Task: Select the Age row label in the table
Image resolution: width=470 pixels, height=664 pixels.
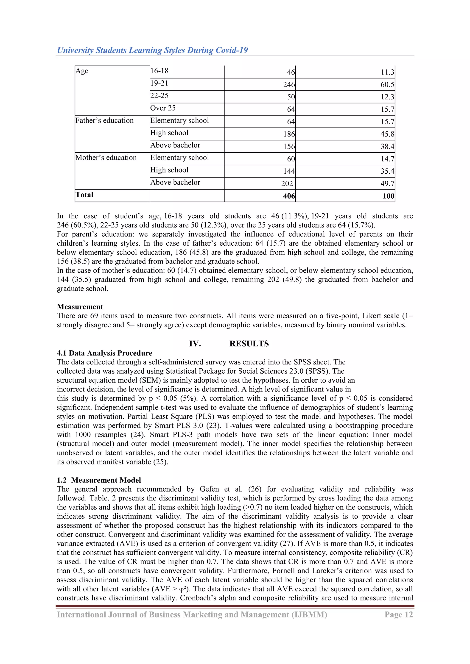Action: (82, 71)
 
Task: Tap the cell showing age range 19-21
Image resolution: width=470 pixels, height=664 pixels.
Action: (159, 83)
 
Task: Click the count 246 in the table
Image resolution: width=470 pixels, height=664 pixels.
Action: (289, 85)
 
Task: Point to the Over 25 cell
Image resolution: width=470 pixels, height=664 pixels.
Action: (163, 108)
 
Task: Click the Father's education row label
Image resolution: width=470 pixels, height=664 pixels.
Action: (104, 121)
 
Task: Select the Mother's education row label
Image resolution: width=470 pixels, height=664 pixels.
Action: (106, 158)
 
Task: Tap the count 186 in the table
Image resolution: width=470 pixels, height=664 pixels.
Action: (289, 134)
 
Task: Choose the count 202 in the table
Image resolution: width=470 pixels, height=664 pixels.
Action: (287, 184)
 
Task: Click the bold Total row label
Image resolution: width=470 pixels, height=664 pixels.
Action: (84, 195)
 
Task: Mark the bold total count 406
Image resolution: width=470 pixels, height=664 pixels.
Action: (289, 196)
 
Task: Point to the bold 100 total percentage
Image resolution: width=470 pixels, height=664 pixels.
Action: (388, 196)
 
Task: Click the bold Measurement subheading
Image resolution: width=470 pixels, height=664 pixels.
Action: (80, 307)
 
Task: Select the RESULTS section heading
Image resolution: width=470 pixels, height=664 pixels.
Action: (249, 344)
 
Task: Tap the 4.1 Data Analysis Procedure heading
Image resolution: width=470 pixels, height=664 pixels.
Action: (104, 353)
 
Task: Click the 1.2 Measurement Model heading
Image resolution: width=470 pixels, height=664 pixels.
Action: (99, 480)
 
